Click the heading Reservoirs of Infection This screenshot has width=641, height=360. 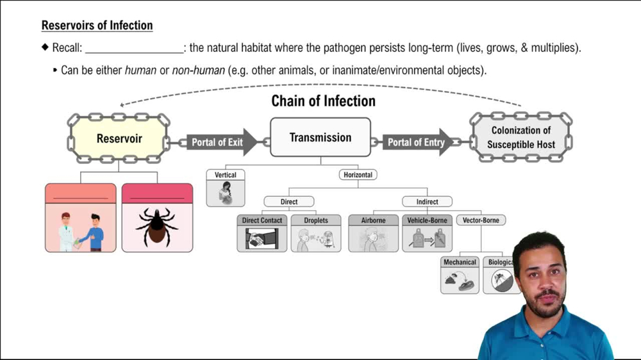coord(97,26)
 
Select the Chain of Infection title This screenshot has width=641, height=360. coord(323,101)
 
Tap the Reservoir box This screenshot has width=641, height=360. coord(119,139)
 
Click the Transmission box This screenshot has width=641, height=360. coord(320,138)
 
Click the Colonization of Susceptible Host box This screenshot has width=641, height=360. coord(520,138)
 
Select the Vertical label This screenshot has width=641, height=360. coord(226,175)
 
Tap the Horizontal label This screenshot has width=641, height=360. coord(358,175)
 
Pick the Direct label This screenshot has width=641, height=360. coord(289,202)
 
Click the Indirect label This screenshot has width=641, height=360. coord(427,202)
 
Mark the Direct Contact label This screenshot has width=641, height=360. coord(262,220)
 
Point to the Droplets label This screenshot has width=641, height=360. coord(316,220)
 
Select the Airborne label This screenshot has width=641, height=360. coord(373,220)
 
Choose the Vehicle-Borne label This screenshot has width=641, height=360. coord(428,220)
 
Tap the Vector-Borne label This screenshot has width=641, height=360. coord(481,220)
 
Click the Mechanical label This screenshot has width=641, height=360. coord(460,262)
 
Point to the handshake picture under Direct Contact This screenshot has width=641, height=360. coord(262,239)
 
